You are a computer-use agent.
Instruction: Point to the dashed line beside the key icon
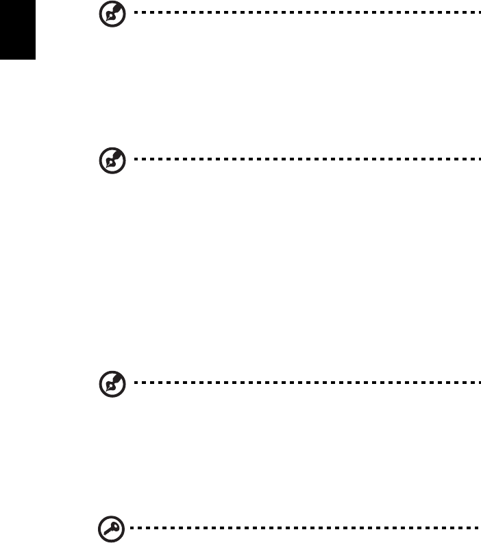pos(301,529)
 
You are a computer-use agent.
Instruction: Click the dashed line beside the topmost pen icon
pos(301,12)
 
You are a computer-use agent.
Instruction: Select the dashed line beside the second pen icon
pos(301,159)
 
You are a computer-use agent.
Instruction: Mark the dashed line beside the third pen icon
pos(301,383)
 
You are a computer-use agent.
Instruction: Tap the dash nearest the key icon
pos(132,529)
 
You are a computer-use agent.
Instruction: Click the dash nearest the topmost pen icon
pos(132,12)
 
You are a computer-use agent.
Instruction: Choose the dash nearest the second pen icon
pos(132,159)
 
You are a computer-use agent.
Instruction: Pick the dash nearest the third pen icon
pos(132,383)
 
